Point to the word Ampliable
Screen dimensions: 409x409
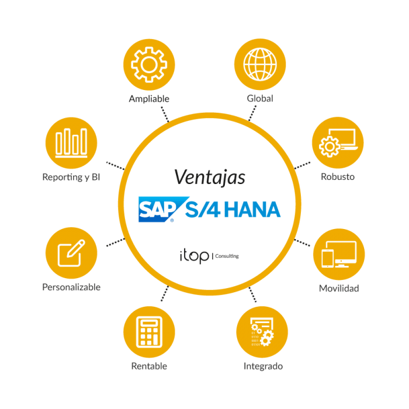(149, 99)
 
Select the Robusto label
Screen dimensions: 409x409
(338, 176)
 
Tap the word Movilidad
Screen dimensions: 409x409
(339, 288)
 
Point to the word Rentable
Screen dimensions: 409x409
(149, 366)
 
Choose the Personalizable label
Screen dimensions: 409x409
(71, 287)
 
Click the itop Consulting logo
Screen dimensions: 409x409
(208, 256)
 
